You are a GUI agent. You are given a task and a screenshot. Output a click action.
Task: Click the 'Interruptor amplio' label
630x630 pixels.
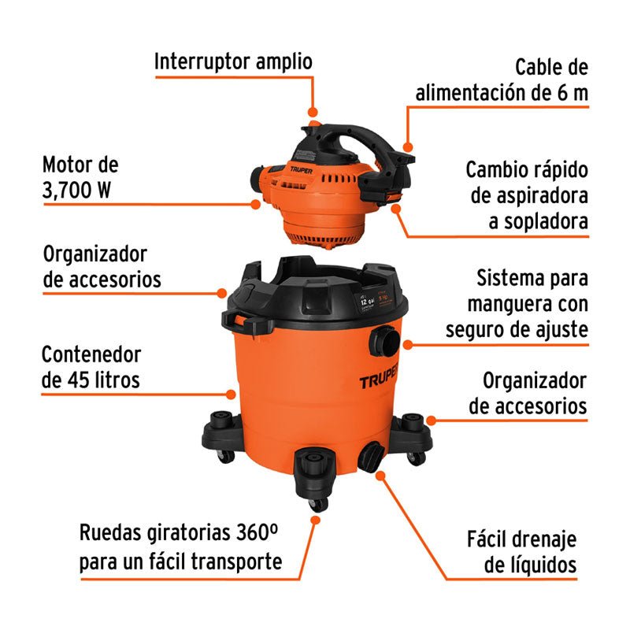[233, 61]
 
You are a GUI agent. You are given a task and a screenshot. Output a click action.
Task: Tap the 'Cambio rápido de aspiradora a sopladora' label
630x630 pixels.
[527, 196]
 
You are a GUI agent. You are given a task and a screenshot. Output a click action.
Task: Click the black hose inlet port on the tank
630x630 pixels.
[387, 339]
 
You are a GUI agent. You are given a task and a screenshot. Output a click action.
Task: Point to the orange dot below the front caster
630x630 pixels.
[317, 520]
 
